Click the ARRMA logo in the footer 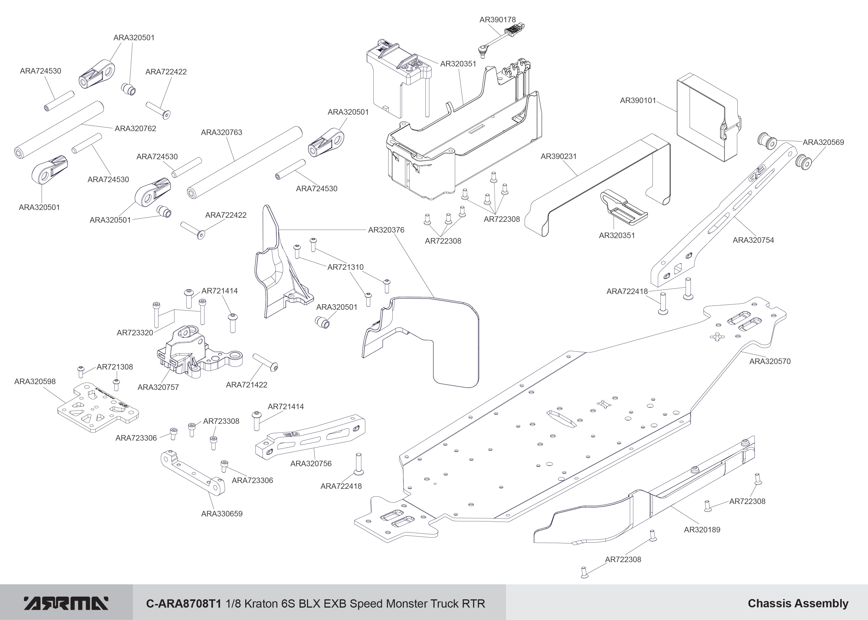66,603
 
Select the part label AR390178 497,20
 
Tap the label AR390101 638,100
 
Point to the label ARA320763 221,133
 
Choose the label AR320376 386,230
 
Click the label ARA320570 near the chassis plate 770,361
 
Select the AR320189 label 702,530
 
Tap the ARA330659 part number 222,513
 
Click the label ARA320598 35,381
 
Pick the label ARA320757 158,387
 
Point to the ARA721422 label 247,385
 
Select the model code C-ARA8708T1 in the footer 184,603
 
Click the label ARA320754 753,240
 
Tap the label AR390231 559,156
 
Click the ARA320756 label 311,463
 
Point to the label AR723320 135,333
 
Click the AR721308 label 115,367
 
